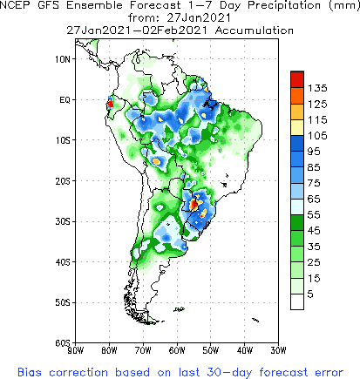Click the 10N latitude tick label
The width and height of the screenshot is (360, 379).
pos(63,58)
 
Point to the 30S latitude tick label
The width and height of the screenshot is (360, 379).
pos(63,221)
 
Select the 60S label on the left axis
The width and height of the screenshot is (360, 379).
pos(63,343)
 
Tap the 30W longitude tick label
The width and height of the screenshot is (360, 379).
pos(276,351)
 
